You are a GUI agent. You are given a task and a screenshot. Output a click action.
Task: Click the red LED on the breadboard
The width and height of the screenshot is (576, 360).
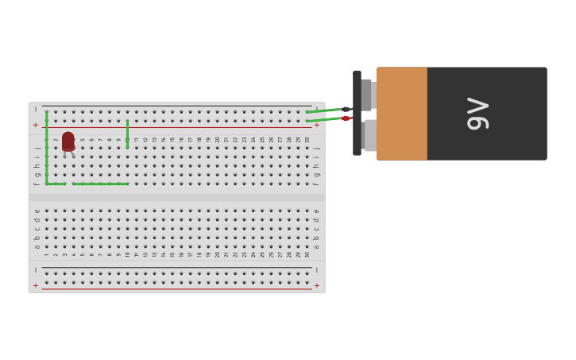68,141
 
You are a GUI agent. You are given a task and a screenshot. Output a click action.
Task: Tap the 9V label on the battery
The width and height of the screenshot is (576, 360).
477,114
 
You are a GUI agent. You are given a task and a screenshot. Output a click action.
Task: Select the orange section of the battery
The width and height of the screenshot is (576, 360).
402,114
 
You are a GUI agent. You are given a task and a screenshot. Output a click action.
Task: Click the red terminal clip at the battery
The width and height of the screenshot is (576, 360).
346,118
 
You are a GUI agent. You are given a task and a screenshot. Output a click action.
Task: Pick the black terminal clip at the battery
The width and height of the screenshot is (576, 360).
346,109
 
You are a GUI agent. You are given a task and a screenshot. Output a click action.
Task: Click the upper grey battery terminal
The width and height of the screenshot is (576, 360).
366,94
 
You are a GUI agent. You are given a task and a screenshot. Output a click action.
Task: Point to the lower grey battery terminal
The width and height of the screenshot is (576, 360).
369,135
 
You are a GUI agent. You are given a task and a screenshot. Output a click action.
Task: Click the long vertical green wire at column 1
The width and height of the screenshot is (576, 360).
47,147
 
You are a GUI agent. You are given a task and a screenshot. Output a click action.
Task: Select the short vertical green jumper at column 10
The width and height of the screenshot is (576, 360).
127,134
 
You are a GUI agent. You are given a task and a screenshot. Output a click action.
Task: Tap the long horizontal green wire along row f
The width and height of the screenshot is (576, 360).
99,184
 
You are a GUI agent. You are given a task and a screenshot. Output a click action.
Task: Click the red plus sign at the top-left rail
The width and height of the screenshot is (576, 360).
36,125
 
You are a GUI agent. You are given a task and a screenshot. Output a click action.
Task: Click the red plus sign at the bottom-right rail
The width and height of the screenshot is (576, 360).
316,285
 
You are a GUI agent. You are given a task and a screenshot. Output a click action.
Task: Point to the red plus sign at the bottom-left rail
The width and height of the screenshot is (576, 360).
36,285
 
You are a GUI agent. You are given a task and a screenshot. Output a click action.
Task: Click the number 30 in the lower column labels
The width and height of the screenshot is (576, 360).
307,254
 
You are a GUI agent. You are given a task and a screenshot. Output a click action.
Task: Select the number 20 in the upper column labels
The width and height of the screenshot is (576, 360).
218,139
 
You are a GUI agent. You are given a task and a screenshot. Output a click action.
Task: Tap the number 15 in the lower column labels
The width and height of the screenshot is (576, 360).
172,254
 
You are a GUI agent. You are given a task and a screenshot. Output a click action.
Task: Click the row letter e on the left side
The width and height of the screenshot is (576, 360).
37,211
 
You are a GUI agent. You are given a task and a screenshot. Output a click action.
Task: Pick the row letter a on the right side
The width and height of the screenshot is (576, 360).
316,246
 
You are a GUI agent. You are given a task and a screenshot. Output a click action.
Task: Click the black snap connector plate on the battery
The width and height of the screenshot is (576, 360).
357,113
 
